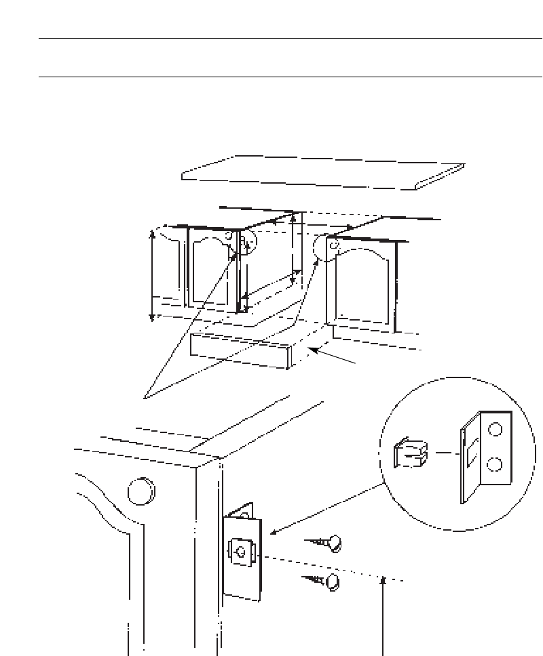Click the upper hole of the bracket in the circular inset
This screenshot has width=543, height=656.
point(495,430)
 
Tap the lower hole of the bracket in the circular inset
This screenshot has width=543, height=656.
point(495,464)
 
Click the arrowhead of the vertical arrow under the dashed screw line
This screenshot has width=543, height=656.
point(384,579)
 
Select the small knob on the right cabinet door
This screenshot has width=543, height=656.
point(333,247)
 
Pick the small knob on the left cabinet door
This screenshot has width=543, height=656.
point(229,237)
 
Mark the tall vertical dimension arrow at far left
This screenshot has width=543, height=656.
point(152,274)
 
